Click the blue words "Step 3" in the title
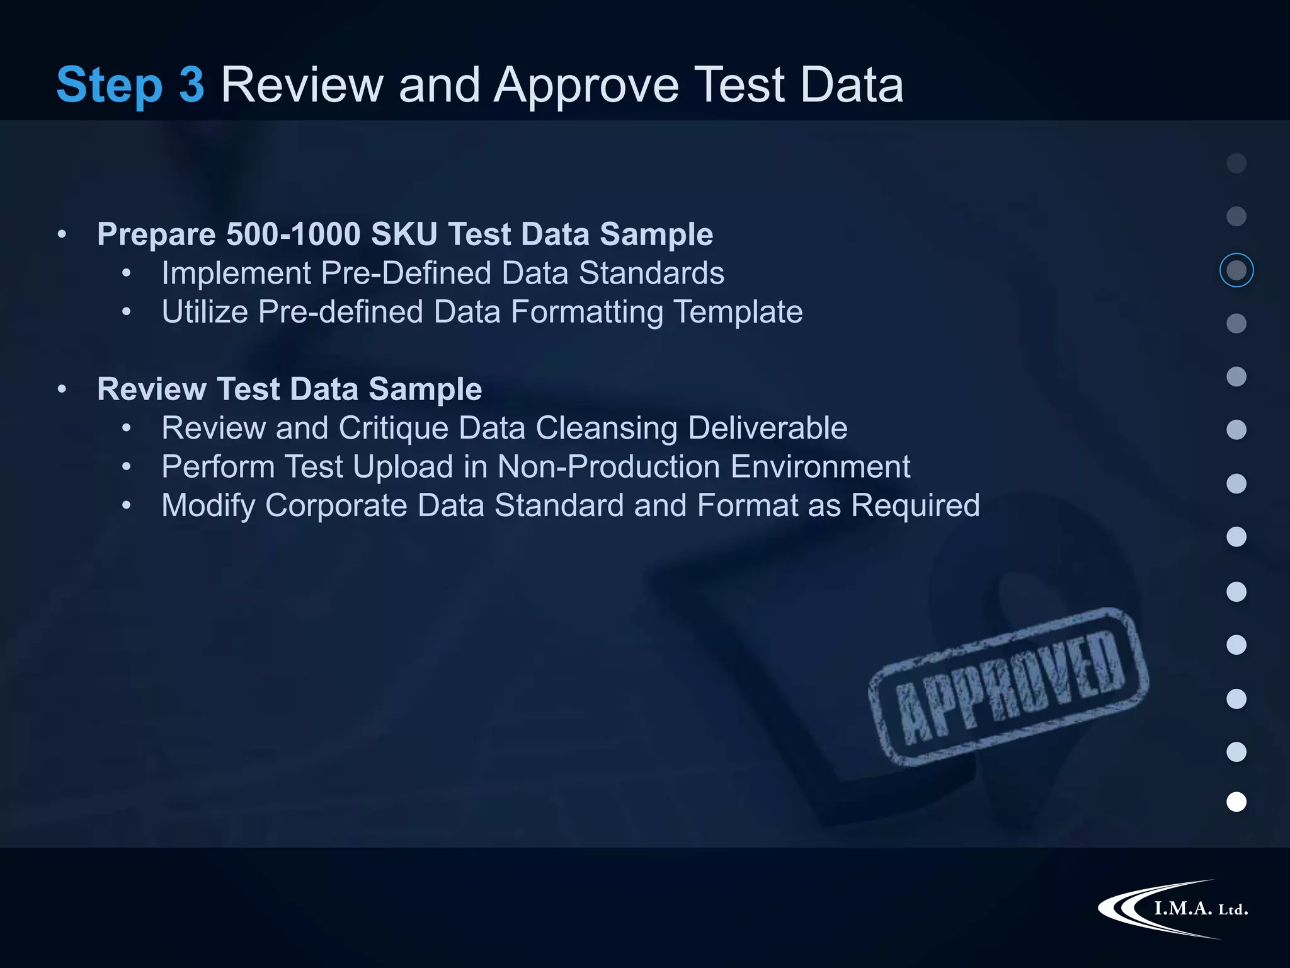pos(130,85)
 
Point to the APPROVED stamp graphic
pos(1008,686)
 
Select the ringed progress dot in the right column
pos(1236,270)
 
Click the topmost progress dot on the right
pos(1236,163)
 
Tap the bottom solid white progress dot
pos(1236,802)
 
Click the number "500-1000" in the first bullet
pos(293,234)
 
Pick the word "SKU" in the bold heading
pos(404,234)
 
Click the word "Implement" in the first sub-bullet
pos(236,274)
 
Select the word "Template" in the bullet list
pos(738,312)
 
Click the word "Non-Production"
pos(608,467)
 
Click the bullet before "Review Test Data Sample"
pos(62,389)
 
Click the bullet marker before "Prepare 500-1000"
pos(62,234)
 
